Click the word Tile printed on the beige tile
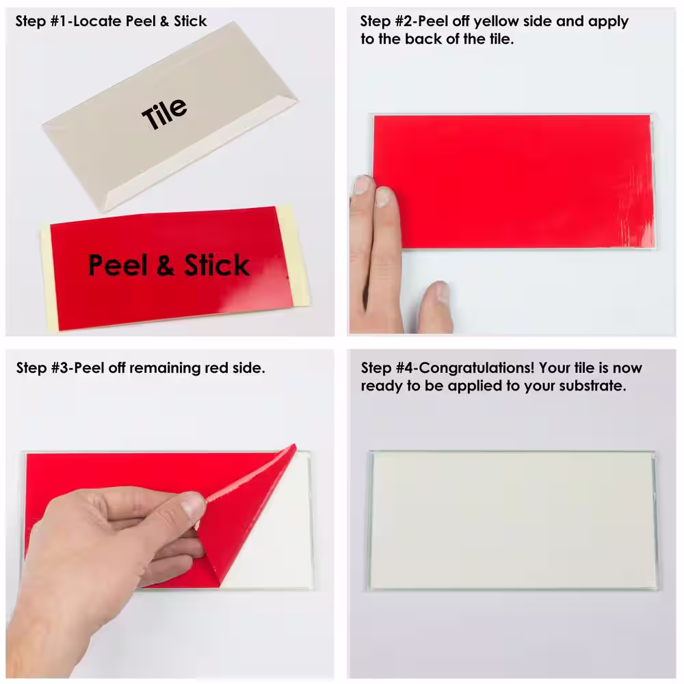pos(164,114)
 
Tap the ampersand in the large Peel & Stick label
pos(166,266)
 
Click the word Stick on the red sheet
pos(216,265)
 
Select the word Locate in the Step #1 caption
pos(97,21)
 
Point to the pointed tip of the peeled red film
pos(294,446)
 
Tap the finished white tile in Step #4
pos(512,521)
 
